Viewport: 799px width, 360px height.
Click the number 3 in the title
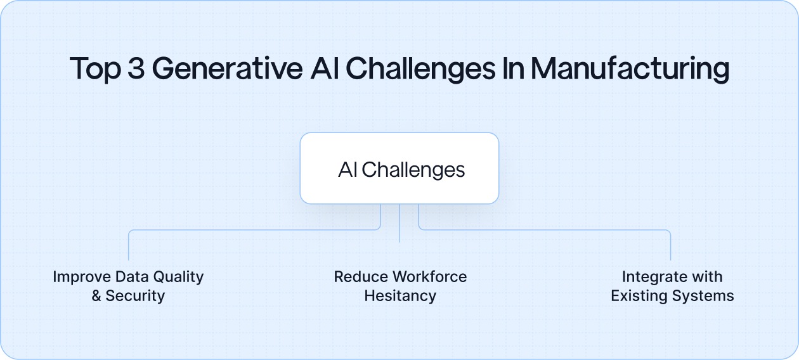tap(136, 68)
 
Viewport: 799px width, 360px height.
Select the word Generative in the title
tap(227, 68)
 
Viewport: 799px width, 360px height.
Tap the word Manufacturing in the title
tap(630, 68)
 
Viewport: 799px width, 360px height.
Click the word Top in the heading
tap(94, 68)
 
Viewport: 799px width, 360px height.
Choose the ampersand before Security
tap(96, 296)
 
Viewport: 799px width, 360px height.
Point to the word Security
tap(135, 296)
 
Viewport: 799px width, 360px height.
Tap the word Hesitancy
tap(400, 296)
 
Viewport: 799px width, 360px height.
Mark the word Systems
tap(705, 296)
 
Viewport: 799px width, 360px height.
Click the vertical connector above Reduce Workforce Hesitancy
tap(399, 223)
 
